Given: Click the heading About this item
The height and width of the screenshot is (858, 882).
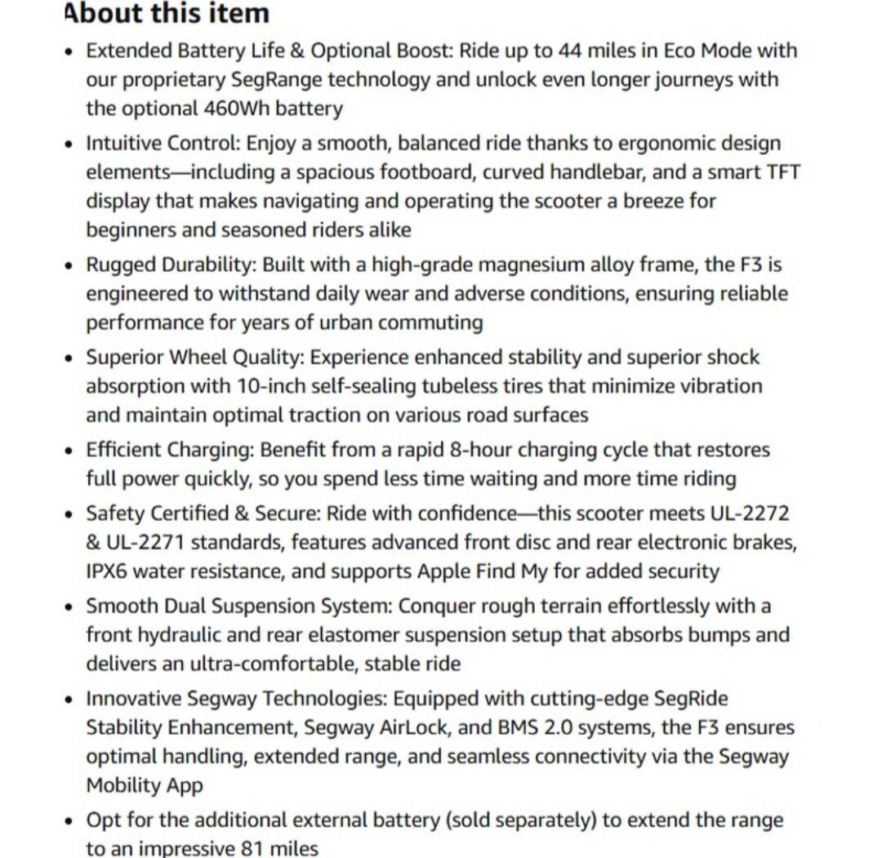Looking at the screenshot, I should click(x=167, y=14).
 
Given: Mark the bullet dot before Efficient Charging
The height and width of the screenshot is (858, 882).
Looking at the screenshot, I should click(x=69, y=451).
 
